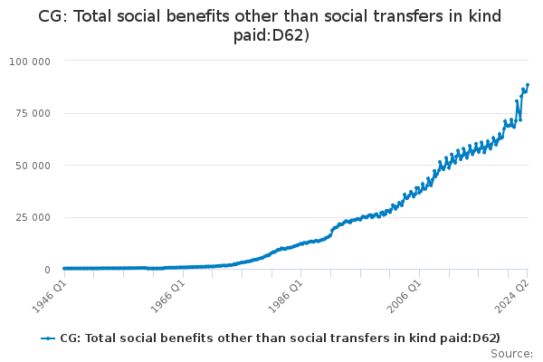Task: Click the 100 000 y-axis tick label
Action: pos(30,61)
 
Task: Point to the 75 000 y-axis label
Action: pos(33,113)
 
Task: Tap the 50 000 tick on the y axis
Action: pos(33,166)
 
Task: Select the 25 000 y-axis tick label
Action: pos(33,217)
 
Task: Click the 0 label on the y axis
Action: pos(47,270)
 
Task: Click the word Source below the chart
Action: pos(512,354)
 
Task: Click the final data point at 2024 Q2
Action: pos(528,85)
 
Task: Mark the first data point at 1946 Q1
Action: pos(63,268)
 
